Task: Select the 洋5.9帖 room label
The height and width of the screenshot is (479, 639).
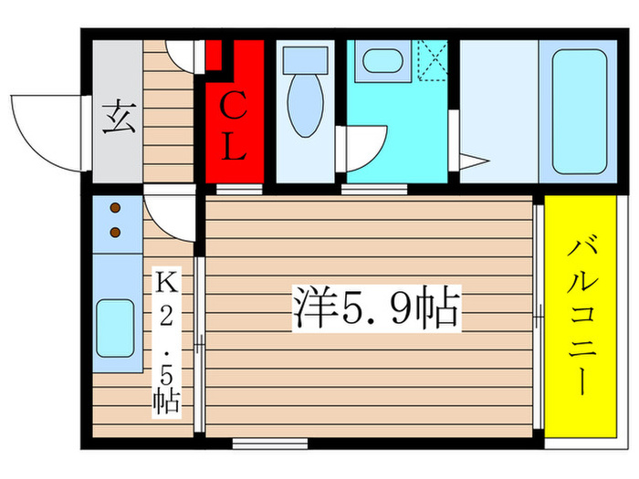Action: point(375,308)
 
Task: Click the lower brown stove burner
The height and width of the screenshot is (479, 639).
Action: point(116,232)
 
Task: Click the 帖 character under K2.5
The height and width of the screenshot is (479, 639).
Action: point(165,399)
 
